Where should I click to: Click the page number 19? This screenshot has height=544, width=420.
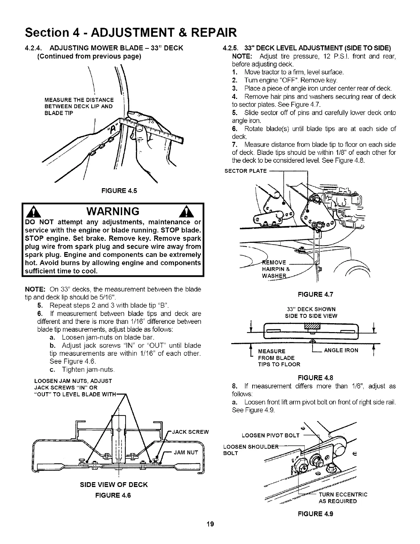(210, 533)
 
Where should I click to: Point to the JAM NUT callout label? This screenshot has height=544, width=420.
(186, 452)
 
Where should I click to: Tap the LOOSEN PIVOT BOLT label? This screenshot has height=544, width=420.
(271, 436)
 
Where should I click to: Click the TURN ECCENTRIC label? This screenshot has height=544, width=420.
(343, 495)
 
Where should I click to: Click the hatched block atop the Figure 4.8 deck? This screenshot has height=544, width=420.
(313, 326)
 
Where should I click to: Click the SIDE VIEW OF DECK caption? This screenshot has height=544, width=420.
(114, 485)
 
